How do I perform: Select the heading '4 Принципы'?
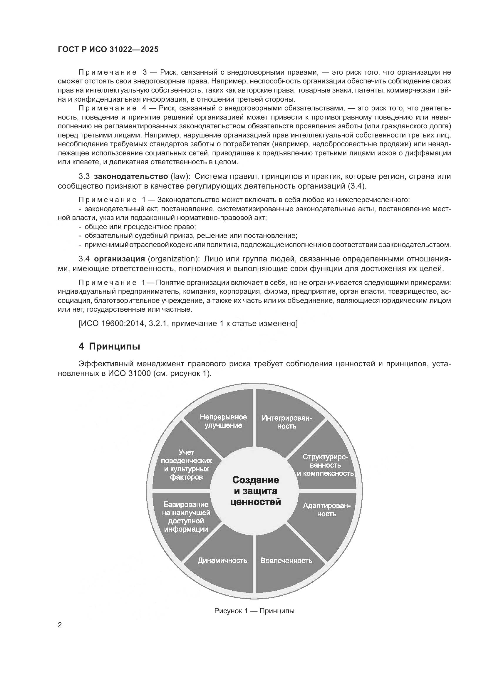[109, 347]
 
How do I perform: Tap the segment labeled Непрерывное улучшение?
[223, 421]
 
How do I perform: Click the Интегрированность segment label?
[286, 422]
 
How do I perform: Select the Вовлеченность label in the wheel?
[286, 560]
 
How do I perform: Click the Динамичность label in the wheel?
[222, 560]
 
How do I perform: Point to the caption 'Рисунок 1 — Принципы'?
[254, 611]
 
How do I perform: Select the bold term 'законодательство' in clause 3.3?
[131, 176]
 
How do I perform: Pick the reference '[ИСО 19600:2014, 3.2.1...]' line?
[188, 323]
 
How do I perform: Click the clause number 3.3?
[84, 176]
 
